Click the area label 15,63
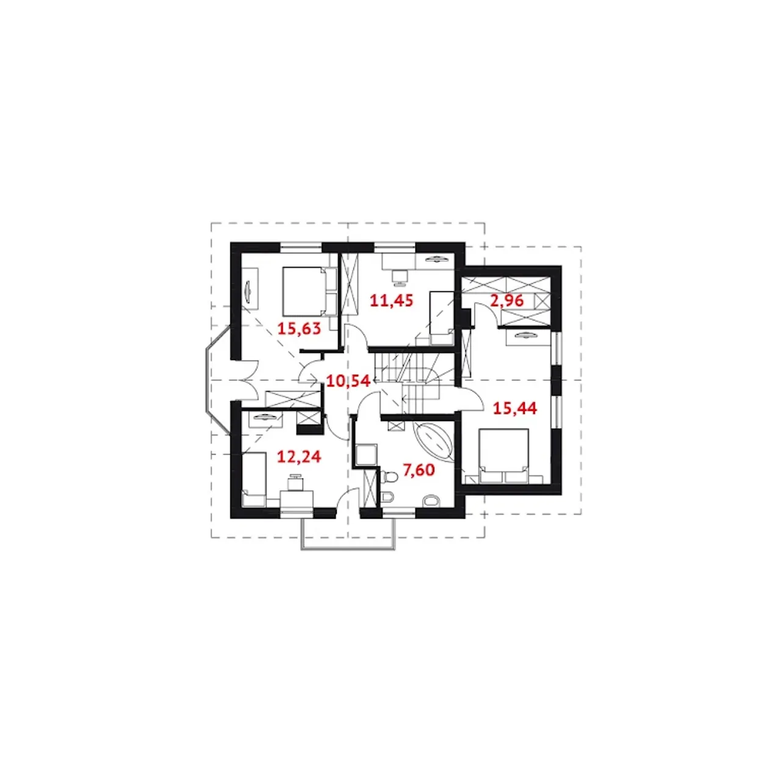coord(299,328)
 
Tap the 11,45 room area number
coord(391,301)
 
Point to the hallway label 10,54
coord(348,381)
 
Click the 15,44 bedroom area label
coord(515,409)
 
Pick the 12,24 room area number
coord(299,457)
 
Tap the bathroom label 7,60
coord(419,470)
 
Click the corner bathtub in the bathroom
coord(434,442)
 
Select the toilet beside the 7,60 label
coord(389,476)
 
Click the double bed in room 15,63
coord(309,291)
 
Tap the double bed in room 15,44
coord(504,456)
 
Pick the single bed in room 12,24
coord(254,480)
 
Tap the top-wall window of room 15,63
coord(301,247)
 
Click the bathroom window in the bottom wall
coord(399,513)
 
